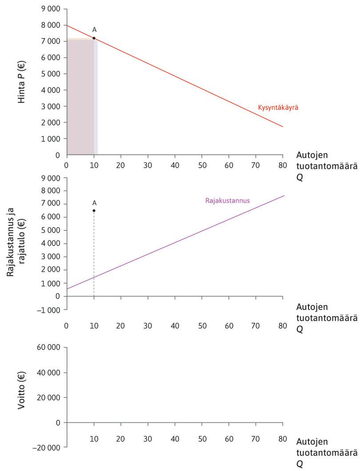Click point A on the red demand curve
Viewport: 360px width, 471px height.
tap(94, 38)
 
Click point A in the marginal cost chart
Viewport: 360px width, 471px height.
tap(94, 210)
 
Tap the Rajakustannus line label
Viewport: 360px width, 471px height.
tap(228, 201)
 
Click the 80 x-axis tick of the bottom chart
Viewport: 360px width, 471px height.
tap(283, 439)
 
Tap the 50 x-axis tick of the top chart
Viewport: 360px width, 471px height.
tap(202, 164)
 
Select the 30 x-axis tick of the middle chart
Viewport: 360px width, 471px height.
tap(148, 325)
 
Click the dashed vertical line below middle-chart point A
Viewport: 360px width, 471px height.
tap(94, 258)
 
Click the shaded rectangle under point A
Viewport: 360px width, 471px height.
tap(80, 98)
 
